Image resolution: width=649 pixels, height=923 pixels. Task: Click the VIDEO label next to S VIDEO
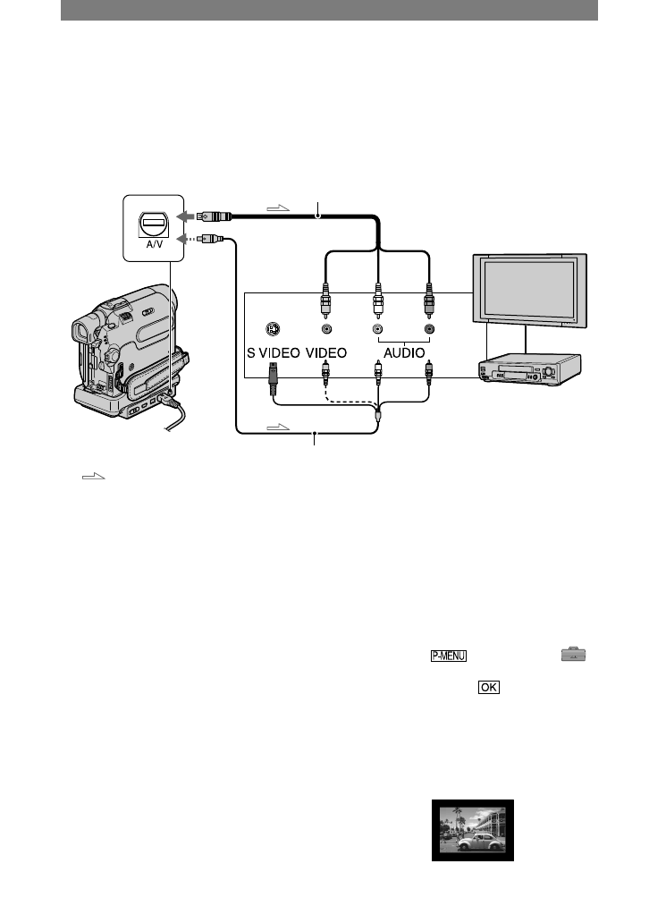(328, 352)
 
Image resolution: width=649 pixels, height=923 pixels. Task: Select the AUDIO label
(403, 352)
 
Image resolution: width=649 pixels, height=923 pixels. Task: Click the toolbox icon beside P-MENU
(574, 656)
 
